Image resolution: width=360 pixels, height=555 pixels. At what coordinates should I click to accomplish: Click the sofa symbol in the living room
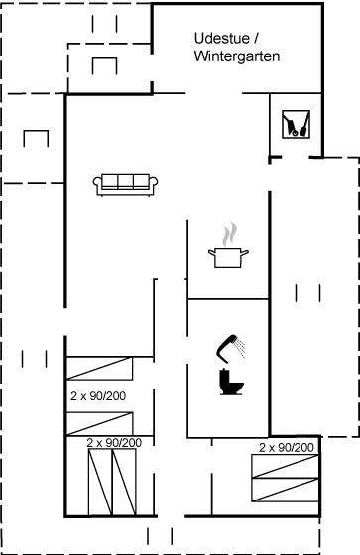(x=125, y=184)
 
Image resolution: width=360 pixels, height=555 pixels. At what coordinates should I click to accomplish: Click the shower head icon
(x=231, y=349)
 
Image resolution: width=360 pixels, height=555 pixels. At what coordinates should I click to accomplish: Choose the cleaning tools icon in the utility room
(x=296, y=124)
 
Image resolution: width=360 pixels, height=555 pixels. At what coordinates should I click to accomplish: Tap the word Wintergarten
(x=237, y=56)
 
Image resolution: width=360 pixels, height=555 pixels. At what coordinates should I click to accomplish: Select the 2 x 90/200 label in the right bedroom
(x=287, y=448)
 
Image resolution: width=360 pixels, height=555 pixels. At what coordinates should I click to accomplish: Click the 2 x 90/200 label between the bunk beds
(x=98, y=396)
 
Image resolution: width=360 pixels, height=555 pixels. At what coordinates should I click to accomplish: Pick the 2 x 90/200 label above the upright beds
(x=114, y=442)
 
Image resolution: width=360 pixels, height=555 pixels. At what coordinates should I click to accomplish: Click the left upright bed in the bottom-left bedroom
(x=100, y=482)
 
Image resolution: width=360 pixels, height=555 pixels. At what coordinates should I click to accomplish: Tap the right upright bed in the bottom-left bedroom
(x=124, y=482)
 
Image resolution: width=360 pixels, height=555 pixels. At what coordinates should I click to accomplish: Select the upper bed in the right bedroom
(x=286, y=466)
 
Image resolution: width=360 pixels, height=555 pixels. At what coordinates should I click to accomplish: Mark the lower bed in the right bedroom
(x=286, y=490)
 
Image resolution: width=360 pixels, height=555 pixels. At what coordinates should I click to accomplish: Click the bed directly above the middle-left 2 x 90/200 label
(x=100, y=369)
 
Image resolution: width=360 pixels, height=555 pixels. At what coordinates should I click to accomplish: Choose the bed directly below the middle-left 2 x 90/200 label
(x=100, y=424)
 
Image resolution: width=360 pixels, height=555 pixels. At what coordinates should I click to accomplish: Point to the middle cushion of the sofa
(x=125, y=182)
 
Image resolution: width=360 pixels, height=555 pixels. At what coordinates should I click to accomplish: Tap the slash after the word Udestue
(x=256, y=39)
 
